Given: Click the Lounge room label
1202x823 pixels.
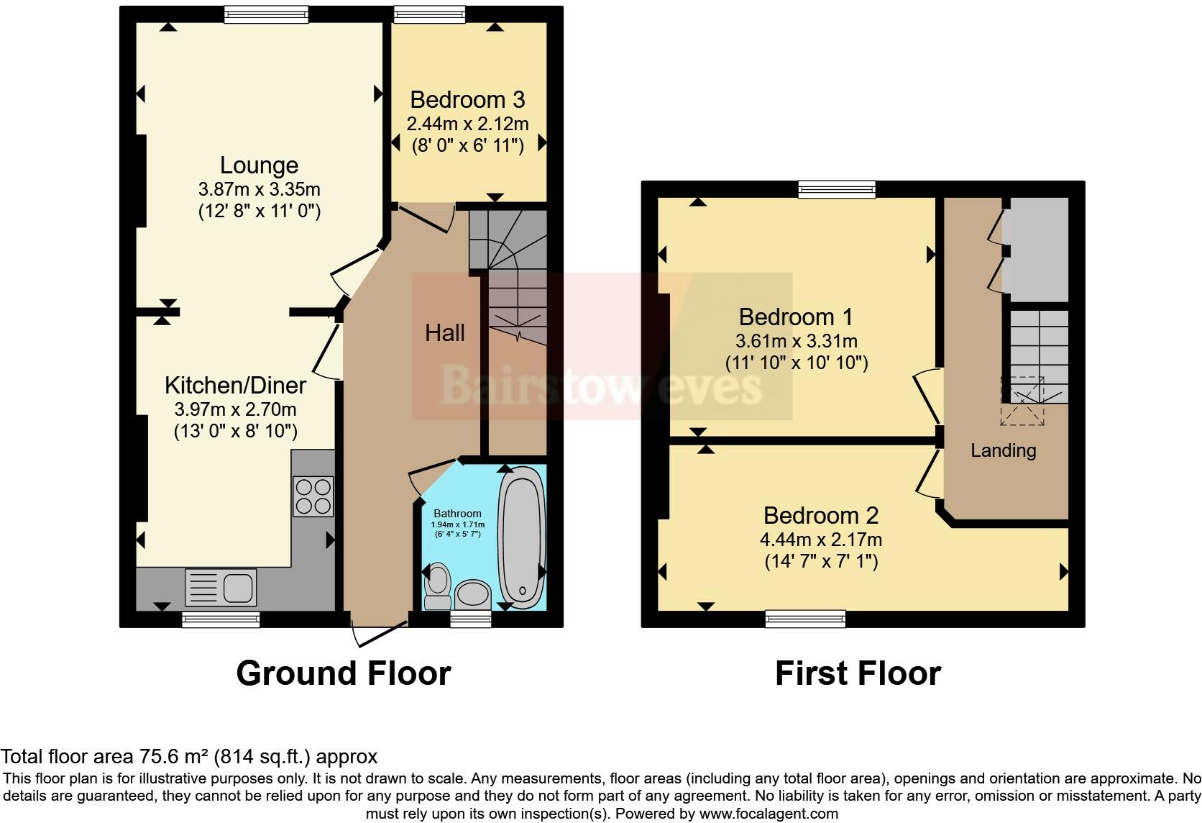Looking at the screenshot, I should [x=259, y=165].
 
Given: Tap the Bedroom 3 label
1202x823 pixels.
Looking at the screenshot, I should [x=467, y=99].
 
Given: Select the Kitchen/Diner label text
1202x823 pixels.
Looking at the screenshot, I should [x=235, y=385].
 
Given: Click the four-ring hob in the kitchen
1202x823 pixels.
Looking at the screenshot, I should [x=313, y=496].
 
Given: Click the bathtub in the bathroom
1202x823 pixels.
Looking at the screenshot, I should [x=522, y=536].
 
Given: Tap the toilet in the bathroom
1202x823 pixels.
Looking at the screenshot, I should [x=436, y=584].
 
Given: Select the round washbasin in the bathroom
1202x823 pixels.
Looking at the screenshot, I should [x=472, y=595].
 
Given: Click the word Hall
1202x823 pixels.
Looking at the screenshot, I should [x=444, y=332].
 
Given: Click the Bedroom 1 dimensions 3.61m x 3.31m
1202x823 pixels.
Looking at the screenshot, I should [x=796, y=340].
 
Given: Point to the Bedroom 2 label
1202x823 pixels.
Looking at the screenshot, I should [x=821, y=515].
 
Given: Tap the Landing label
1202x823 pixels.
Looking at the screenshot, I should [x=1003, y=450].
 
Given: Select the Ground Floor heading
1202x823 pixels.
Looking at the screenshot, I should [x=343, y=673].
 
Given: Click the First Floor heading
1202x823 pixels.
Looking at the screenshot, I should [x=858, y=673].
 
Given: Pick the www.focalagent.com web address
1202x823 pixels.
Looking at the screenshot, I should [x=769, y=814].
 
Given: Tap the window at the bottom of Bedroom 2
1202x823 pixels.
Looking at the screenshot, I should [x=805, y=618].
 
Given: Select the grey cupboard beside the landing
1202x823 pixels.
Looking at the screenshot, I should [x=1035, y=249].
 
